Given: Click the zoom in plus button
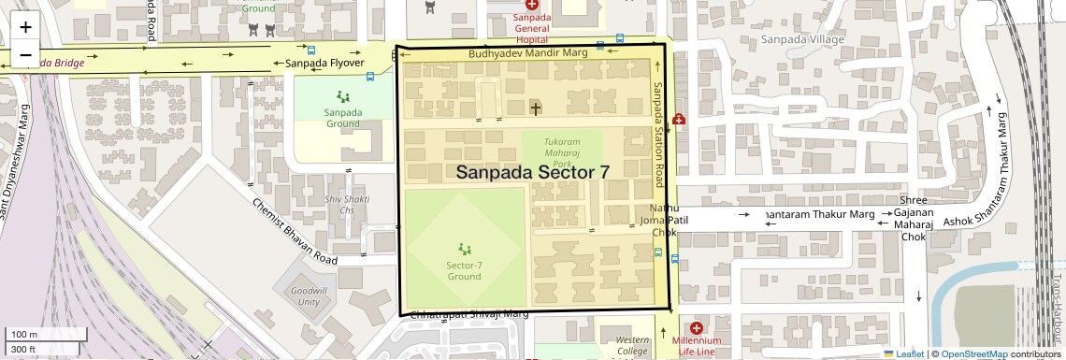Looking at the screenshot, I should pyautogui.click(x=25, y=28).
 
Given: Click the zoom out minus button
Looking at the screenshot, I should pyautogui.click(x=25, y=54).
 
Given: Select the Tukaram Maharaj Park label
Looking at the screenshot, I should pyautogui.click(x=569, y=151).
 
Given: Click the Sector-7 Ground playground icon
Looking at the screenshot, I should pyautogui.click(x=465, y=249).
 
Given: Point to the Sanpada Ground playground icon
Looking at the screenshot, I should pyautogui.click(x=343, y=96).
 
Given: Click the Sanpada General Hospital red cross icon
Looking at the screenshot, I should pyautogui.click(x=532, y=6).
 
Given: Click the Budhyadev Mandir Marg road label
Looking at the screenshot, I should pyautogui.click(x=527, y=53).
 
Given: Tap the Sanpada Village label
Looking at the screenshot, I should pyautogui.click(x=801, y=39).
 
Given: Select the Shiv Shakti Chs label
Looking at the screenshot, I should pyautogui.click(x=347, y=205).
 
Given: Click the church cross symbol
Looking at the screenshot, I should pyautogui.click(x=536, y=108).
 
